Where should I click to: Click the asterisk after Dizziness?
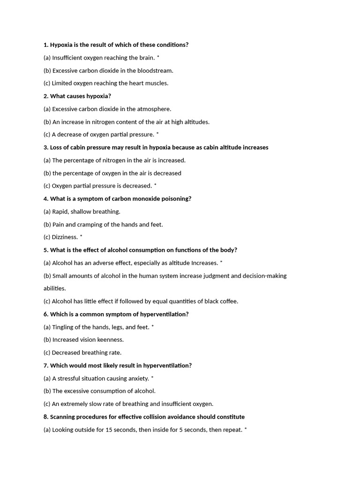click(x=81, y=236)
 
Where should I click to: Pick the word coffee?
click(x=227, y=301)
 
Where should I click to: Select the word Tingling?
click(x=63, y=327)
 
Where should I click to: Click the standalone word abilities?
click(x=55, y=289)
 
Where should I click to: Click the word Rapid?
click(x=60, y=212)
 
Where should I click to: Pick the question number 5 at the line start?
click(x=45, y=250)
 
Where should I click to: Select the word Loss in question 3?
click(x=56, y=148)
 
